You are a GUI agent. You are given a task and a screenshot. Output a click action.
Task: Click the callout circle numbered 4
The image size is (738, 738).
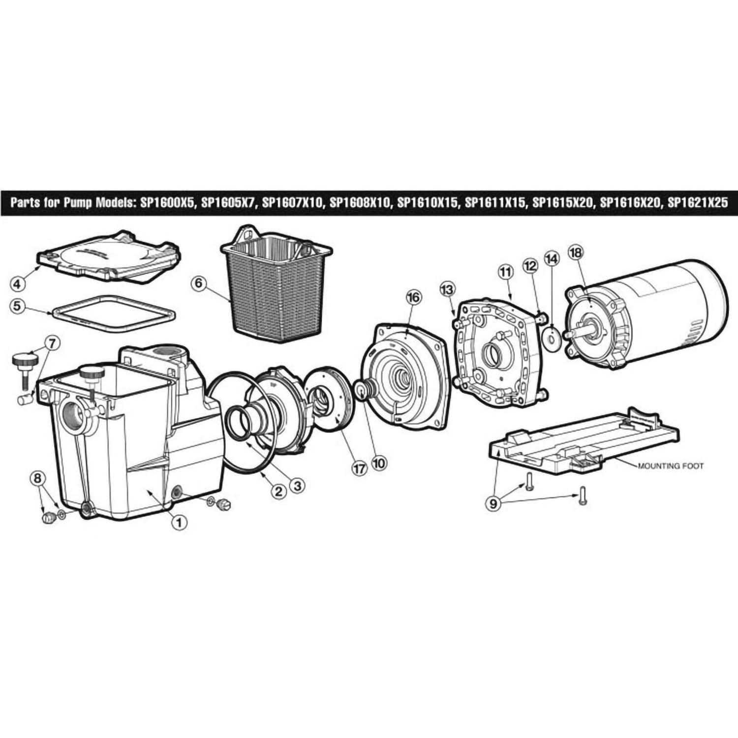click(17, 284)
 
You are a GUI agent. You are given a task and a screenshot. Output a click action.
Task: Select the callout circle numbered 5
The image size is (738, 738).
click(17, 306)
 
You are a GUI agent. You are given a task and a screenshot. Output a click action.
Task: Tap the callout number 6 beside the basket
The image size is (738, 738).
click(199, 284)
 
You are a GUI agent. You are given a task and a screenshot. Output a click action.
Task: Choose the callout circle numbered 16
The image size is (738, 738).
click(413, 297)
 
